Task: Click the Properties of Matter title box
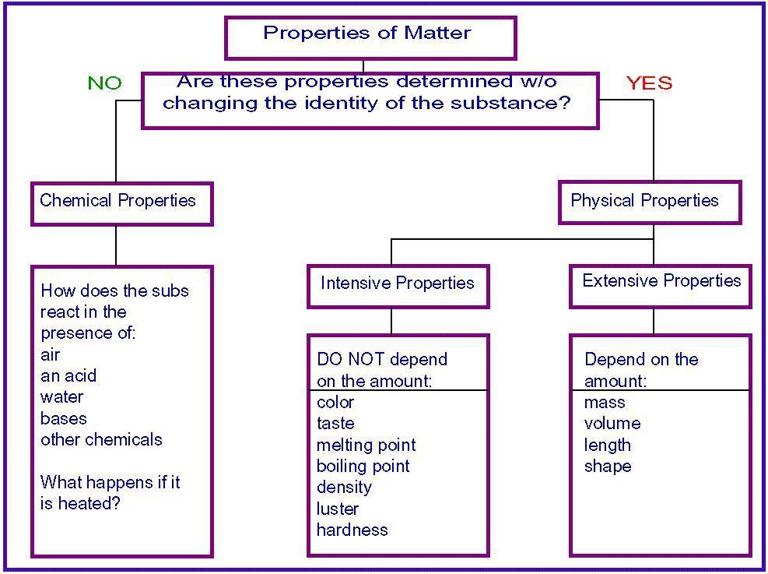point(371,37)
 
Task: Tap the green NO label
point(104,83)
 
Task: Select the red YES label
point(649,83)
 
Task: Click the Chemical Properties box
point(122,203)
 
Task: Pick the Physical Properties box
point(650,202)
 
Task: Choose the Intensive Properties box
point(398,287)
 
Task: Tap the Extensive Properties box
point(661,287)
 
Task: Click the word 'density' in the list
point(344,488)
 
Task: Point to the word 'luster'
point(338,509)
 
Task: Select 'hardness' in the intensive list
point(352,530)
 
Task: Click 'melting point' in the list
point(366,445)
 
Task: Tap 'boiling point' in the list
point(363,467)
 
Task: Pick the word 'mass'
point(605,403)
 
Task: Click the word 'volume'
point(612,423)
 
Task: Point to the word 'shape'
point(608,467)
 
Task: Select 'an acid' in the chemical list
point(68,375)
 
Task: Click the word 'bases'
point(64,418)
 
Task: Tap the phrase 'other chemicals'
point(101,439)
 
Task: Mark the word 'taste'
point(335,424)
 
